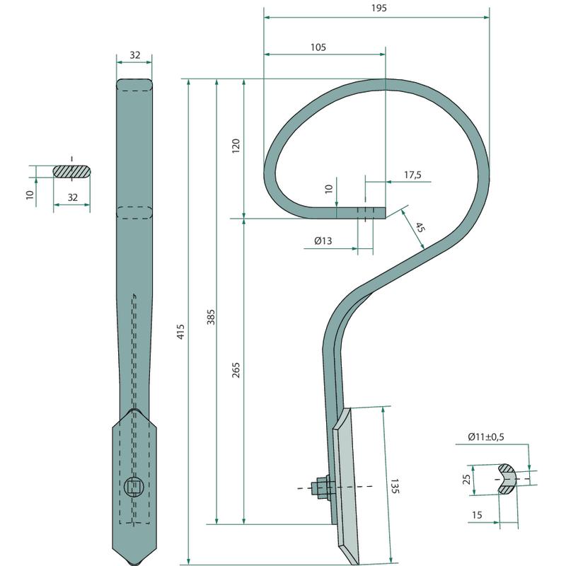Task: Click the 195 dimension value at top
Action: pyautogui.click(x=379, y=8)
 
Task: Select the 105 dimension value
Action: pyautogui.click(x=318, y=47)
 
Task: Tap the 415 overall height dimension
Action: pyautogui.click(x=180, y=331)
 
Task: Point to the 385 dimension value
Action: pyautogui.click(x=211, y=317)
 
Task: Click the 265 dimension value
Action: pyautogui.click(x=236, y=370)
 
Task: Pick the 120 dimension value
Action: pyautogui.click(x=236, y=146)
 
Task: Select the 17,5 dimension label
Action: pyautogui.click(x=412, y=175)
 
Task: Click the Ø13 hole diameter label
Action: pyautogui.click(x=323, y=241)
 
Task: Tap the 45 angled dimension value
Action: pyautogui.click(x=420, y=227)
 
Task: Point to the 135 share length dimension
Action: pyautogui.click(x=395, y=486)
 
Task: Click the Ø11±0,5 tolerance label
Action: pyautogui.click(x=486, y=437)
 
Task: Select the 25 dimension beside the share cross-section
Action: pyautogui.click(x=466, y=480)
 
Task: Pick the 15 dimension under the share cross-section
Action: pyautogui.click(x=477, y=515)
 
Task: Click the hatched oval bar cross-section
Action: pyautogui.click(x=72, y=171)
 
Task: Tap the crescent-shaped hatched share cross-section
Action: pyautogui.click(x=507, y=480)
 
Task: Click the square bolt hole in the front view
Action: pyautogui.click(x=134, y=487)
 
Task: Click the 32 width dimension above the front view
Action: pyautogui.click(x=134, y=55)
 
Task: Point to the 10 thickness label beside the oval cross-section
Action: pyautogui.click(x=30, y=195)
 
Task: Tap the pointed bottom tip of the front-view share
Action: pyautogui.click(x=134, y=564)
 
